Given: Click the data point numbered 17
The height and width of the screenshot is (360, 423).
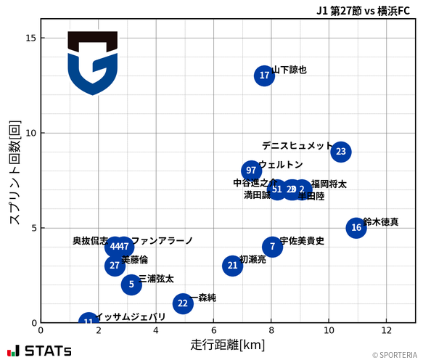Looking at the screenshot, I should [265, 75].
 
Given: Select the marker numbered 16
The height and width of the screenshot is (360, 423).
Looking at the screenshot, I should [356, 228].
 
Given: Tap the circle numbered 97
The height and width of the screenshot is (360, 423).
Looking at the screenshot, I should [251, 171].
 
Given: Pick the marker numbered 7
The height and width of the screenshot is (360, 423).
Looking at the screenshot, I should [272, 247].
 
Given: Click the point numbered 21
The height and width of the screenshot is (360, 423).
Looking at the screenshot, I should [232, 266].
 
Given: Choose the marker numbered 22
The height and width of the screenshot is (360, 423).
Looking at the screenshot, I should [183, 303].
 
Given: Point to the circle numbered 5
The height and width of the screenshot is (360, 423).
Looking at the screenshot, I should [131, 285].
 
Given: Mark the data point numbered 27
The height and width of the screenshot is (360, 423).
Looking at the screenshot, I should [115, 266].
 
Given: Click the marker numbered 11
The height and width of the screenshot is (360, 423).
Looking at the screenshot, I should [89, 322].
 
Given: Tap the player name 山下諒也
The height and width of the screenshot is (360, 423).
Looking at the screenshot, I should [289, 70].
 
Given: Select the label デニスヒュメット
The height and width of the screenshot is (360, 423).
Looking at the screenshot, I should [297, 146].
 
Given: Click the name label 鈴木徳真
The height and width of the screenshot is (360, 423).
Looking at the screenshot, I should [381, 222].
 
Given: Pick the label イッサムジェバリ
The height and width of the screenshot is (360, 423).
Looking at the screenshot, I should [131, 317].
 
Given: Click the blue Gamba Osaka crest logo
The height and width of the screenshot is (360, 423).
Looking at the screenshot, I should [93, 63].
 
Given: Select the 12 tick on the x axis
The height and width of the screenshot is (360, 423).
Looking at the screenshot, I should [385, 330].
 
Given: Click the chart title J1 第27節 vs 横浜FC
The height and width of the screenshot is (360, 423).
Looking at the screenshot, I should [363, 11].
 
